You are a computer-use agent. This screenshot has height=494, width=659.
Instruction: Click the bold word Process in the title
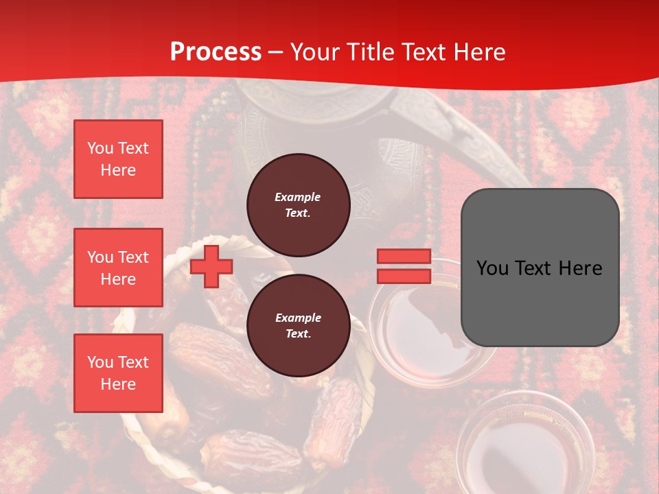(x=216, y=52)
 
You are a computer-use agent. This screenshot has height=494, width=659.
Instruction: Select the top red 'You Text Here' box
(x=118, y=159)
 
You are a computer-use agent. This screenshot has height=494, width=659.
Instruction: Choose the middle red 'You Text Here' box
(x=118, y=268)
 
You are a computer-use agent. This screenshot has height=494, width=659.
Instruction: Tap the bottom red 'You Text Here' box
(x=118, y=373)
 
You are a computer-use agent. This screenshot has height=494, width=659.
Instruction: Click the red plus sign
(x=211, y=266)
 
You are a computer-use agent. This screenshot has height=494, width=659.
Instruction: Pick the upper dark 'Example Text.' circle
(x=298, y=205)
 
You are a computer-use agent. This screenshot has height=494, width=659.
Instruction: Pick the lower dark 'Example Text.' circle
(x=298, y=326)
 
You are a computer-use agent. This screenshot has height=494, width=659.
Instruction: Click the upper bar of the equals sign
(x=404, y=257)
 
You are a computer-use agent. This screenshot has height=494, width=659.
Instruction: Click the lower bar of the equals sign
(x=404, y=276)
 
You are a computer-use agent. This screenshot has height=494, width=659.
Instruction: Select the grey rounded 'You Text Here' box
(x=540, y=268)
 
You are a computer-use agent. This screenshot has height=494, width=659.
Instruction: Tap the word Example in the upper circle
(x=298, y=197)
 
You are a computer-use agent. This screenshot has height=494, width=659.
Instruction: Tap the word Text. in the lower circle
(x=298, y=334)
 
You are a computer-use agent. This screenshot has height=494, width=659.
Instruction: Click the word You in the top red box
(x=100, y=148)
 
